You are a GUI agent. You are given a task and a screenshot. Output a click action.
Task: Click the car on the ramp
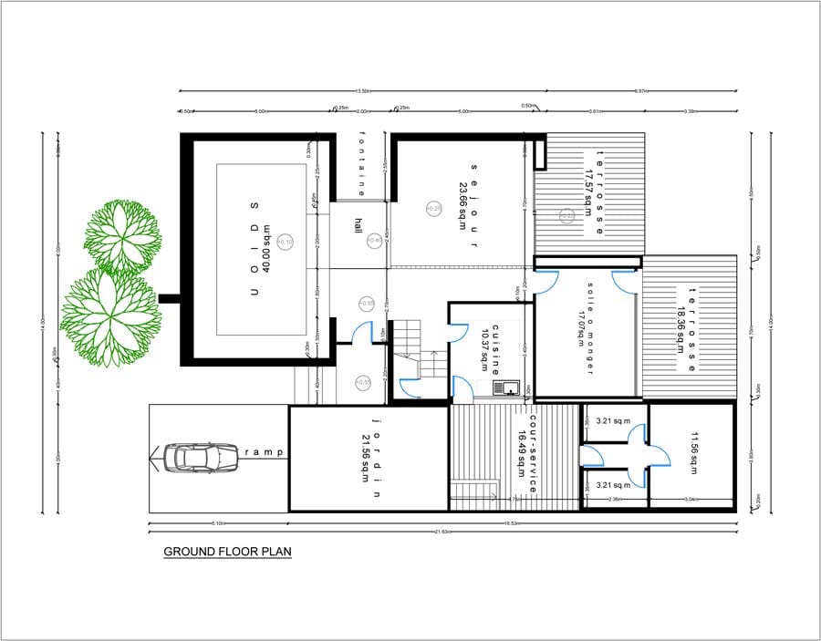click(x=201, y=456)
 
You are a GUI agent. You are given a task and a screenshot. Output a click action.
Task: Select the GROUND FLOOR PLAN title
click(x=227, y=552)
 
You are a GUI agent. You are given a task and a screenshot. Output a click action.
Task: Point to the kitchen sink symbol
click(x=504, y=388)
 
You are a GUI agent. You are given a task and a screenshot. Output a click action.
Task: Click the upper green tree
click(x=123, y=236)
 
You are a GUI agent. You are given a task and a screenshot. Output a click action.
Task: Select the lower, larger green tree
click(x=111, y=315)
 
